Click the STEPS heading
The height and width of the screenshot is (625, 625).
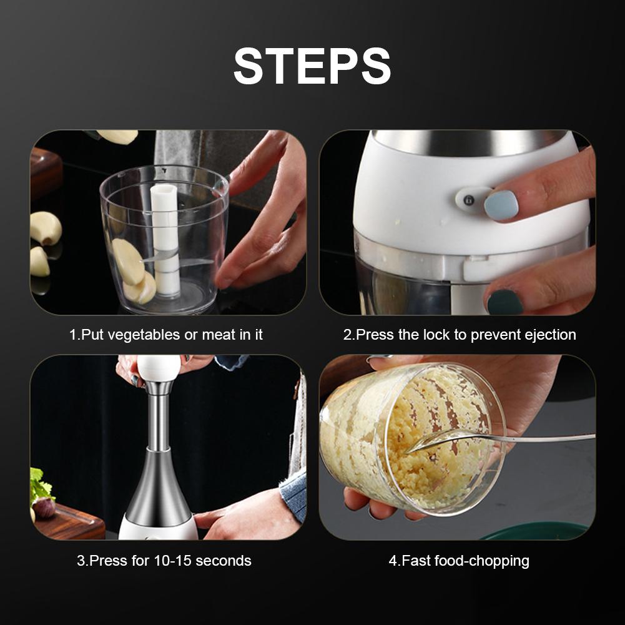[x=312, y=66]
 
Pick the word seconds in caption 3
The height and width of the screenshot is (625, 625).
[x=224, y=560]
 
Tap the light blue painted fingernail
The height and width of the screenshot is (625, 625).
[x=501, y=205]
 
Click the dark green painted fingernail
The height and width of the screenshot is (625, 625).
[x=504, y=302]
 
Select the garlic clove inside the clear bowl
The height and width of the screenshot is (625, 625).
[x=128, y=261]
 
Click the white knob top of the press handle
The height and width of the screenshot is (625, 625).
[x=159, y=368]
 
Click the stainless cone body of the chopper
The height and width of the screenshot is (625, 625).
[x=159, y=493]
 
